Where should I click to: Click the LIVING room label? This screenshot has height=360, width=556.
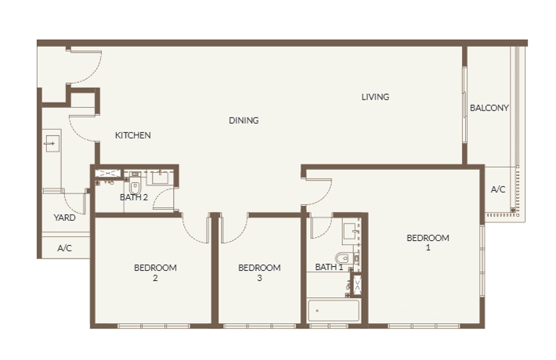(x=375, y=97)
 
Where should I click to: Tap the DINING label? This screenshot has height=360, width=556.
(x=244, y=121)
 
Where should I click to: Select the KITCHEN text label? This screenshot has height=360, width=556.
(x=133, y=135)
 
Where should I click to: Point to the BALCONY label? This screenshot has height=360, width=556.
(x=489, y=108)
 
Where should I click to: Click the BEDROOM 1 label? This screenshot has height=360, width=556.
(x=428, y=243)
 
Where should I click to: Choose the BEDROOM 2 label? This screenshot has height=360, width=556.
(x=155, y=272)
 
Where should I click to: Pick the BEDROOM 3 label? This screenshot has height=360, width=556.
(x=259, y=272)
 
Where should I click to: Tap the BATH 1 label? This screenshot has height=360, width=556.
(x=329, y=267)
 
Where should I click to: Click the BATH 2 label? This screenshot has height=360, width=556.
(x=134, y=197)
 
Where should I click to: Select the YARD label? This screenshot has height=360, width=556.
(x=64, y=218)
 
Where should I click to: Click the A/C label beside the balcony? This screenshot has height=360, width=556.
(x=498, y=189)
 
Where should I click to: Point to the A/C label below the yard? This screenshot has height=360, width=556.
(x=64, y=248)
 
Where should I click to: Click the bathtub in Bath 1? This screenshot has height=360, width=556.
(x=334, y=311)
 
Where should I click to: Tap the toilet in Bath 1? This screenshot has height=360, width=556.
(x=343, y=257)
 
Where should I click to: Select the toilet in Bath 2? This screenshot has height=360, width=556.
(x=135, y=187)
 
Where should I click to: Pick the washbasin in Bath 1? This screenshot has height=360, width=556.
(x=352, y=232)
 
